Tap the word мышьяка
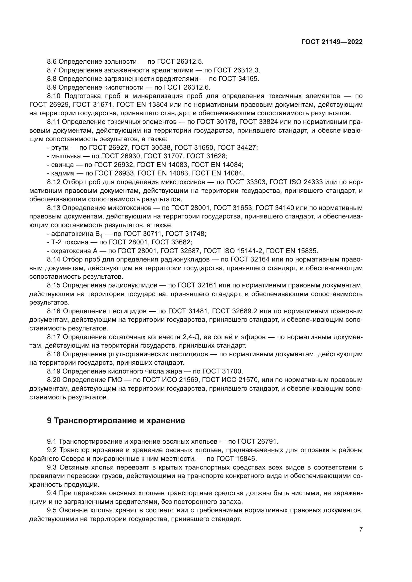click(x=63, y=156)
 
